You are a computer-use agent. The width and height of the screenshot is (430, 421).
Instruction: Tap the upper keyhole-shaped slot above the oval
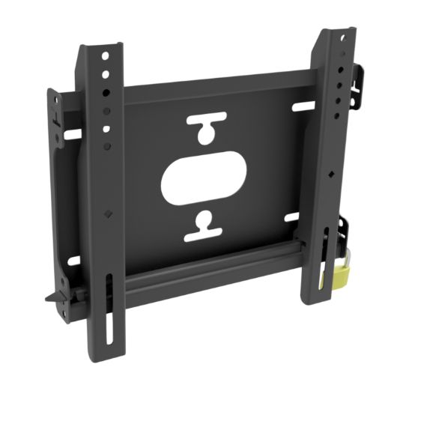pyautogui.click(x=205, y=127)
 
